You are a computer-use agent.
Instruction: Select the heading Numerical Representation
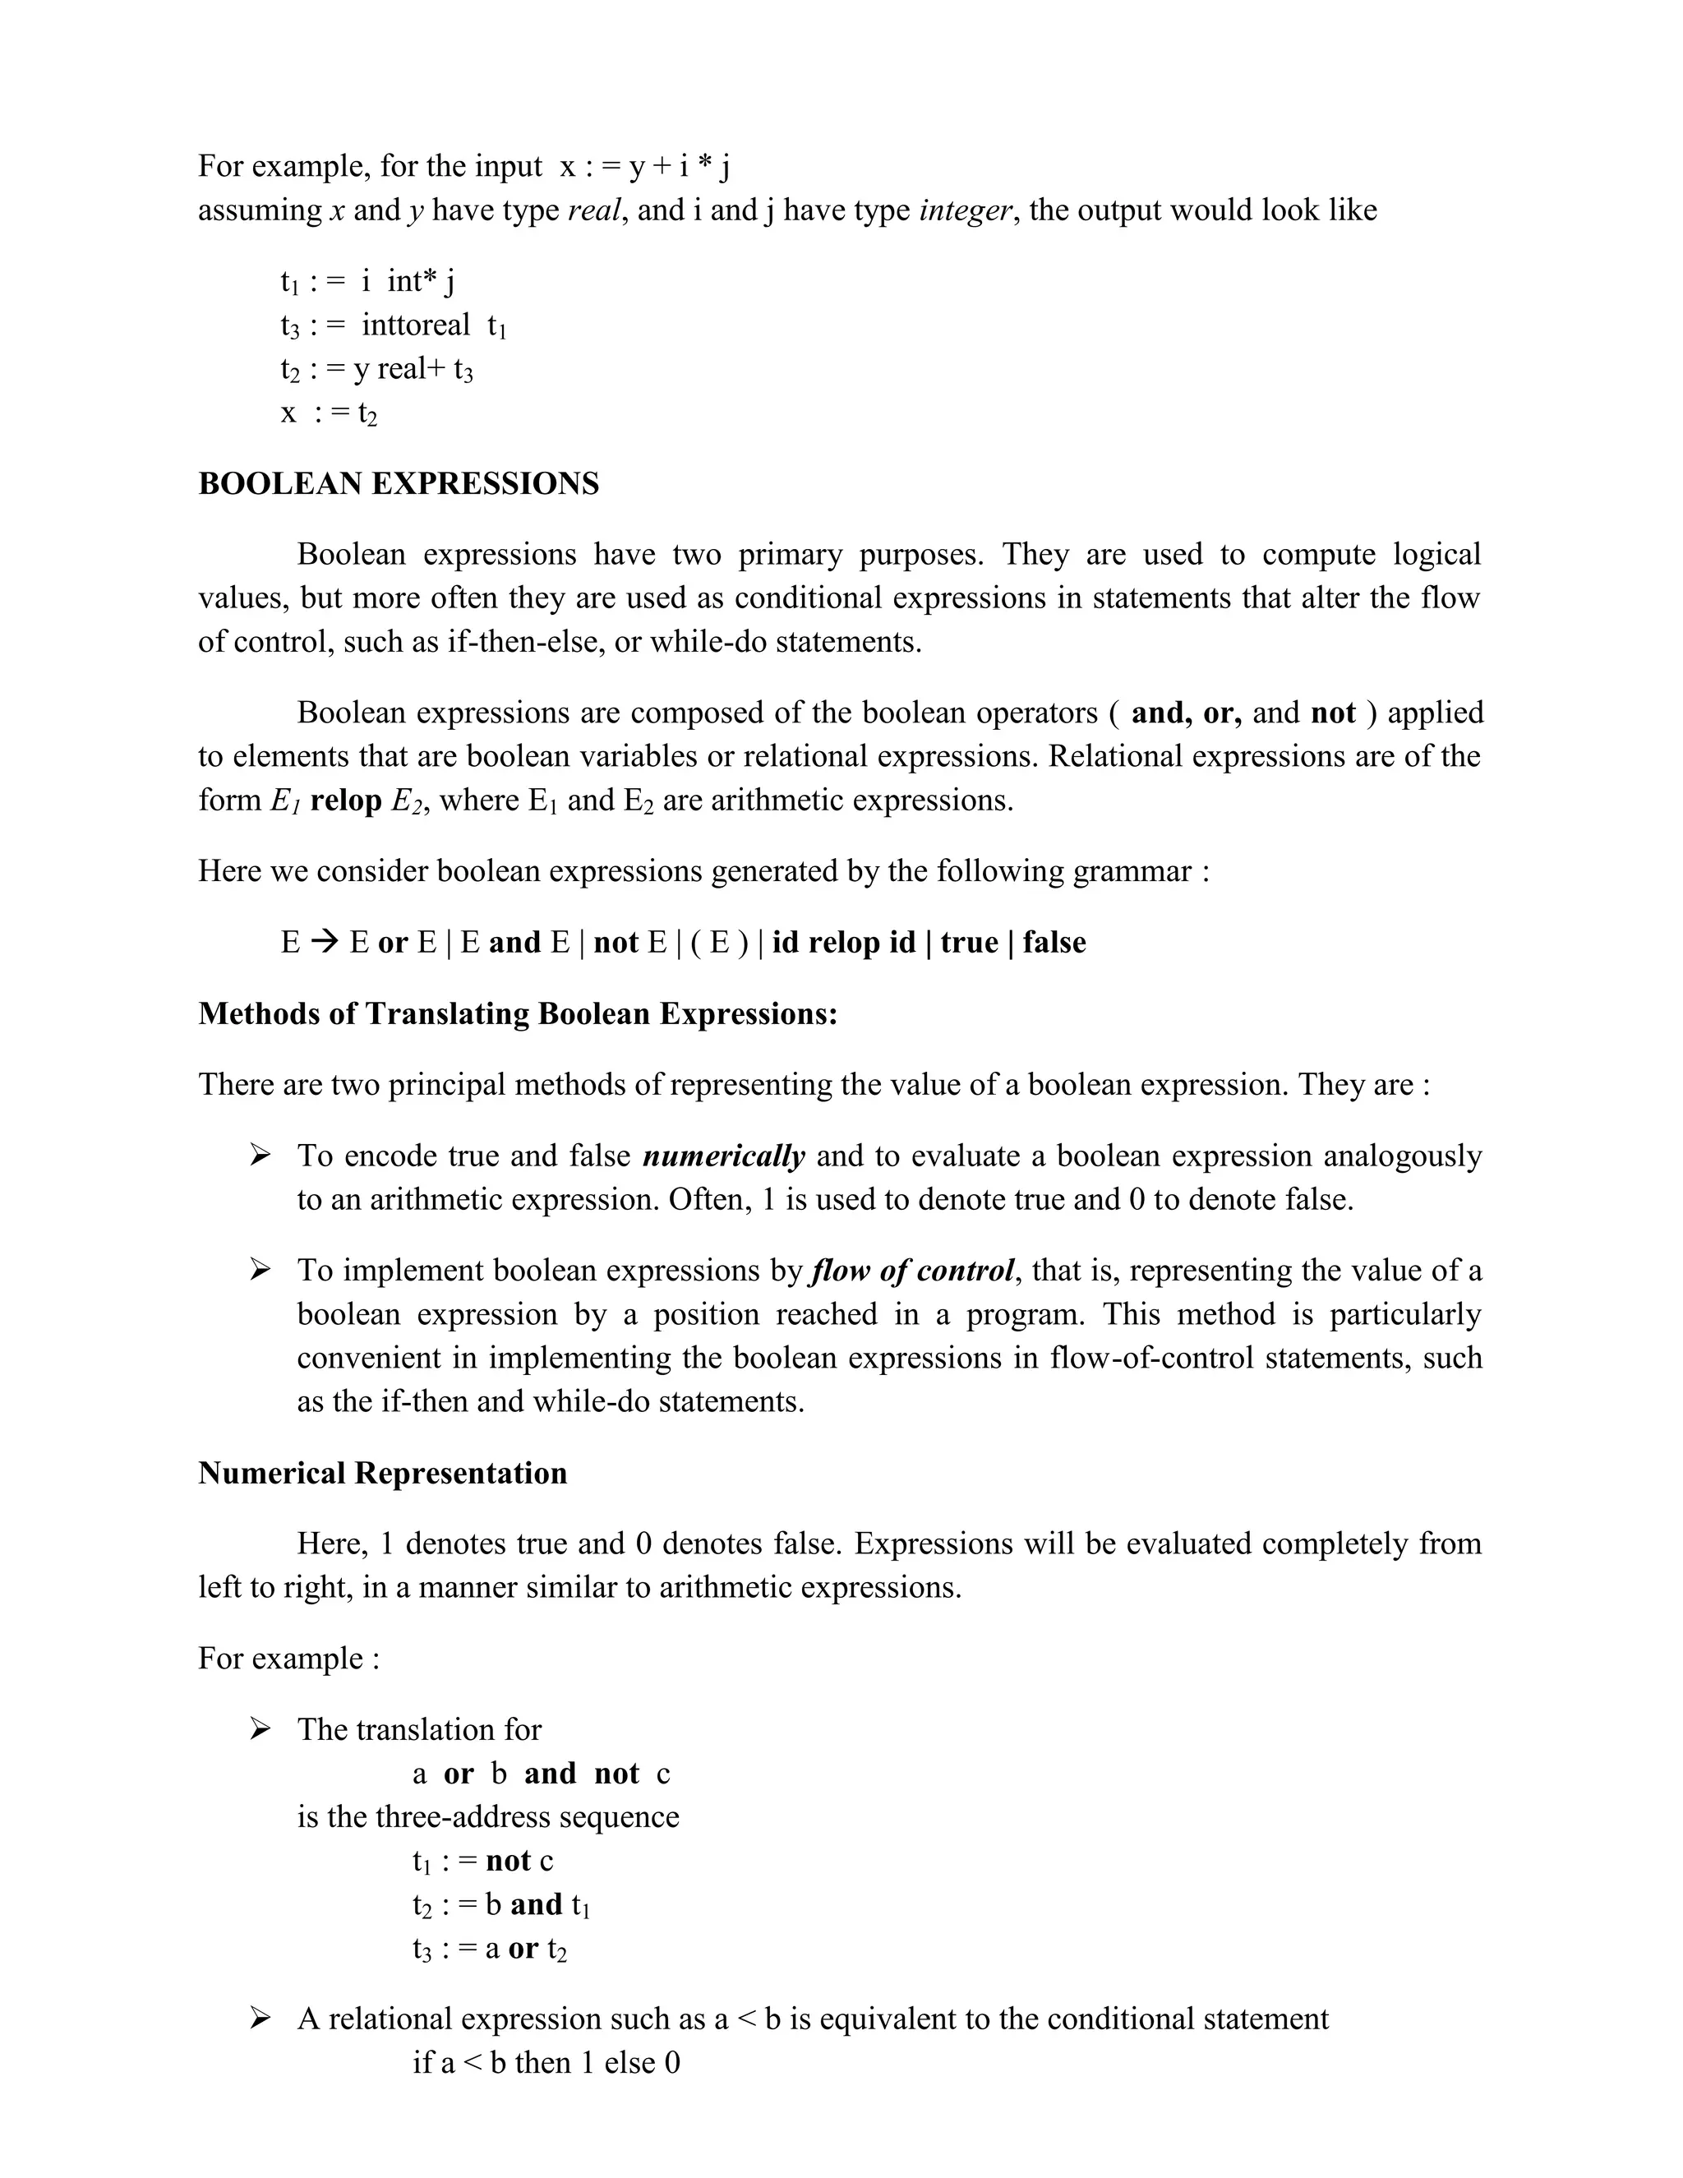tap(382, 1473)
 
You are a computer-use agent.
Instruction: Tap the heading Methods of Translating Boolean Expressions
tap(518, 1013)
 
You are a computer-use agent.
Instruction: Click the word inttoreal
tap(415, 325)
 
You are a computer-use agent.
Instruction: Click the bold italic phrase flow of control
tap(913, 1271)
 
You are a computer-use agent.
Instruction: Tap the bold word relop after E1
tap(345, 801)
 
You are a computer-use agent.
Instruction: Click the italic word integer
tap(965, 210)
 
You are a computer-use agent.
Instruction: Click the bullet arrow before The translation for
tap(261, 1729)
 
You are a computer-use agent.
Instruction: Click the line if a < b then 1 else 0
tap(546, 2062)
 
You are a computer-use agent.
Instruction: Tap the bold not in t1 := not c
tap(508, 1861)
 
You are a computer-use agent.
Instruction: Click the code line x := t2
tap(329, 413)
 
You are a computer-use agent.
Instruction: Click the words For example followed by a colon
tap(288, 1659)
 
